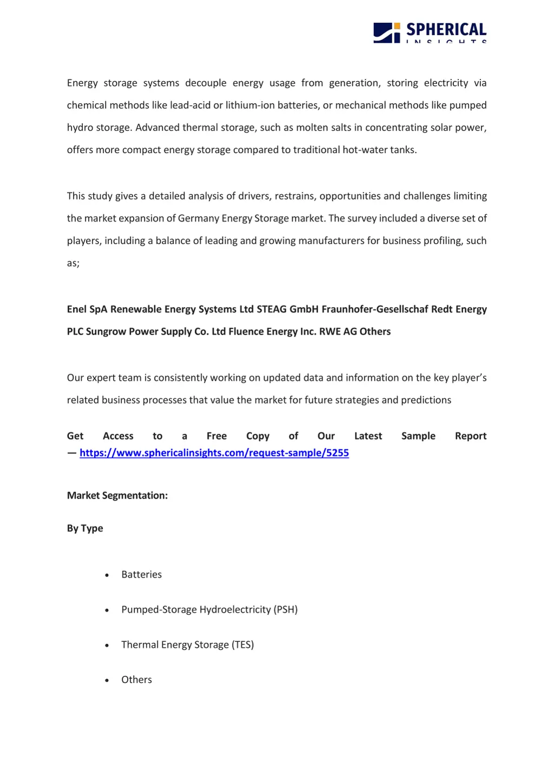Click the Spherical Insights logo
click(x=430, y=32)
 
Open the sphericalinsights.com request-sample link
click(x=214, y=453)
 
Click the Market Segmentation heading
click(x=117, y=495)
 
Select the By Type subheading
click(x=85, y=528)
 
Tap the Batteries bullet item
click(x=142, y=574)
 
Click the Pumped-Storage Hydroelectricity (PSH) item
click(x=209, y=609)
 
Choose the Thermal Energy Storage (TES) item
click(x=188, y=645)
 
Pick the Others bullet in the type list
click(x=136, y=680)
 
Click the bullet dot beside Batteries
click(x=107, y=575)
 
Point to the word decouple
click(x=206, y=83)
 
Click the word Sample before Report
click(x=418, y=436)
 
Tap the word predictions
click(x=426, y=400)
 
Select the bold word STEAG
click(x=272, y=309)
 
